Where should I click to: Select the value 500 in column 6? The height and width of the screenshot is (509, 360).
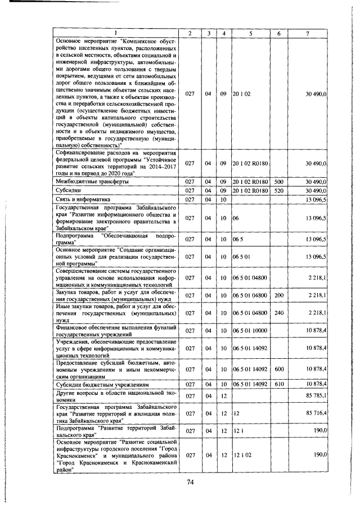coord(278,182)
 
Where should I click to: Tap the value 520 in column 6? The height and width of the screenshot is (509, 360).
coord(278,191)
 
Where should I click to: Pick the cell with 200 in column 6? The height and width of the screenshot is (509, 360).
coord(278,295)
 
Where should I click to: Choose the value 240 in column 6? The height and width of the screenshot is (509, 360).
coord(278,313)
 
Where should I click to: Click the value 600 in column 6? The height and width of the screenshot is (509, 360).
coord(278,368)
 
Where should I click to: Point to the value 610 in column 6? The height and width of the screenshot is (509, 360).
coord(278,384)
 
